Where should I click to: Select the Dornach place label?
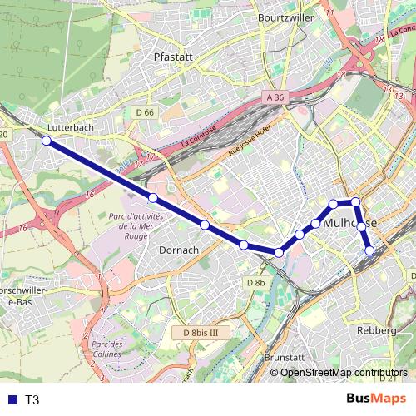point(178,250)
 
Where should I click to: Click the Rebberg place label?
point(376,330)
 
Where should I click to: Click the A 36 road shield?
point(275,97)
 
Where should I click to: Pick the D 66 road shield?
point(144,112)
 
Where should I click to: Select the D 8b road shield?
point(255,283)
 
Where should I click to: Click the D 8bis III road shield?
point(200,333)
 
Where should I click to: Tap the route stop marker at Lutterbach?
point(47,141)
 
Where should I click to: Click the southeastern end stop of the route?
point(369,250)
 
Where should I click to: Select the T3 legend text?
point(32,400)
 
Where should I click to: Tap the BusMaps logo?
point(378,399)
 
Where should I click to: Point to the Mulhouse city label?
point(350,224)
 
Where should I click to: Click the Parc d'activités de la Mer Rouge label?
point(136,225)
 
